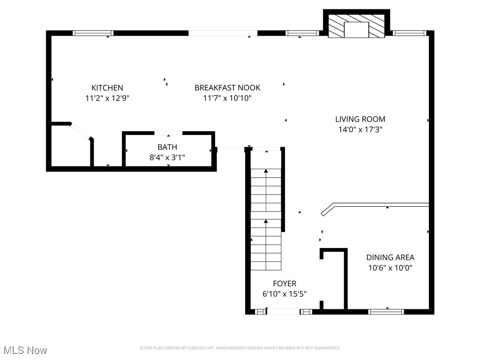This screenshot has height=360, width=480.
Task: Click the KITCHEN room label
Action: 107,88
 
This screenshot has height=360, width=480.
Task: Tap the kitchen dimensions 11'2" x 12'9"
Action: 107,98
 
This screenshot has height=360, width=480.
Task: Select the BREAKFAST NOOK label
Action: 227,88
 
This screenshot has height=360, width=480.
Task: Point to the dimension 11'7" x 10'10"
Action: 227,98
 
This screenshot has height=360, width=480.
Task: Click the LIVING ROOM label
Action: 360,119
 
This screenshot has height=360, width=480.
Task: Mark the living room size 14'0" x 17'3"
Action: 360,130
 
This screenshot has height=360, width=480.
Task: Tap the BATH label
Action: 167,147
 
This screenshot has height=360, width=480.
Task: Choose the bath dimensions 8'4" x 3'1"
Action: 167,158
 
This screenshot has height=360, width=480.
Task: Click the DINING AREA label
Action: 390,257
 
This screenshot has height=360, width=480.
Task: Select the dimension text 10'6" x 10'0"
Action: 390,268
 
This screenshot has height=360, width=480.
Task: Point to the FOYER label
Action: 285,284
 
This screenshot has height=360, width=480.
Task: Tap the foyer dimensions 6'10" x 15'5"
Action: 285,294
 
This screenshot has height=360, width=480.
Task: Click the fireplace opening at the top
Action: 356,30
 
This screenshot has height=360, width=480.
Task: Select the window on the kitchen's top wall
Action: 93,33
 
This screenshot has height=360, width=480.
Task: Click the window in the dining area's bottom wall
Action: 386,311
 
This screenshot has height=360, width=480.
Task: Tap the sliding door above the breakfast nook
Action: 223,33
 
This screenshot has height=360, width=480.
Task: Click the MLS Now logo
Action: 25,350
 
